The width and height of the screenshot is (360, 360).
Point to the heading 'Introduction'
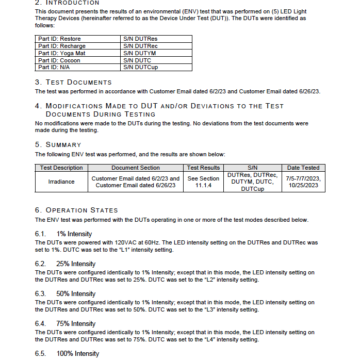coord(73,3)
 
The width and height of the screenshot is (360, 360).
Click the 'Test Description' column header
coord(61,168)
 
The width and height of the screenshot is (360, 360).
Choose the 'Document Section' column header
coord(136,168)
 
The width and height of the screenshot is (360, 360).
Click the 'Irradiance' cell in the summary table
coord(61,182)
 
